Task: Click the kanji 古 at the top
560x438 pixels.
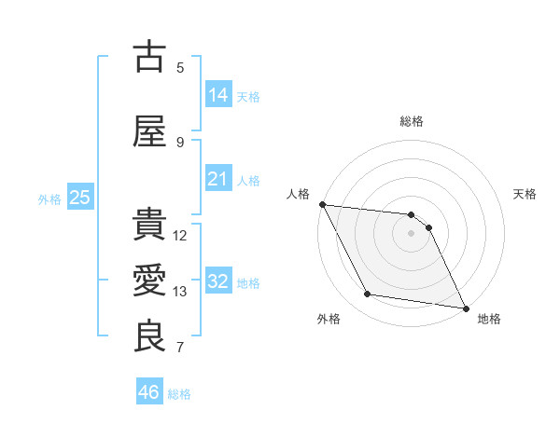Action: (x=150, y=58)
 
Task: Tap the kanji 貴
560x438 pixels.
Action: (x=150, y=225)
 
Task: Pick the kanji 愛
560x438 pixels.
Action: (x=150, y=281)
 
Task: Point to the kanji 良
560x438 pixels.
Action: (x=150, y=336)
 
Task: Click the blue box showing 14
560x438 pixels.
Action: (x=218, y=94)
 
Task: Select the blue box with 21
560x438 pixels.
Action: (x=218, y=178)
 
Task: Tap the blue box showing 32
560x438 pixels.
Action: (x=218, y=281)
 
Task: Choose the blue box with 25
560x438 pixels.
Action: (x=80, y=198)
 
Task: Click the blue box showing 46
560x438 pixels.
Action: (x=149, y=392)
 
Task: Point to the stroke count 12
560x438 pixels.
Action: (x=181, y=236)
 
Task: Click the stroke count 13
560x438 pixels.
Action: (x=181, y=292)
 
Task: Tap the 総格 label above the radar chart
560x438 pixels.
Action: (x=412, y=121)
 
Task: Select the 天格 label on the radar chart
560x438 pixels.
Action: (x=525, y=194)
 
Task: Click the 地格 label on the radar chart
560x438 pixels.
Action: (x=489, y=319)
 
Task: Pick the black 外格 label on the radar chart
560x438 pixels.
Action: (x=329, y=319)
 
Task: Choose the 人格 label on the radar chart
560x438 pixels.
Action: (x=299, y=194)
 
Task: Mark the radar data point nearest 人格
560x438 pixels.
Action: (x=322, y=204)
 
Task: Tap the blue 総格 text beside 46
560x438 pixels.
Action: (x=179, y=394)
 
